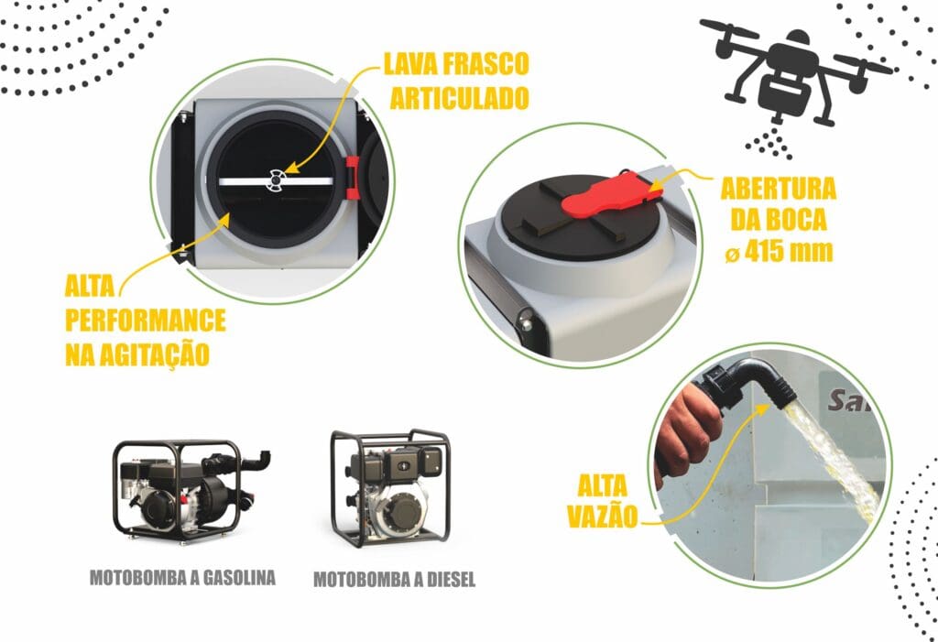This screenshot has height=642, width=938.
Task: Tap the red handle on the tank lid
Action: click(x=610, y=194)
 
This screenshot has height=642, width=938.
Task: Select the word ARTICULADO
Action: click(x=460, y=98)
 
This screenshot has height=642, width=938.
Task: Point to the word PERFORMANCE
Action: click(x=146, y=321)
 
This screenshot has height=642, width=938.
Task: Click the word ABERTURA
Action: click(x=779, y=189)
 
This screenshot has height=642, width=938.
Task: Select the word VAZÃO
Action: click(x=603, y=517)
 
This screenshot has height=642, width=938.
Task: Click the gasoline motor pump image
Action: click(x=191, y=489)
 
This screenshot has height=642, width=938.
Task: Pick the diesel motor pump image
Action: click(x=391, y=486)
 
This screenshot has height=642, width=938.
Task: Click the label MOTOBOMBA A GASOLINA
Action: click(x=182, y=577)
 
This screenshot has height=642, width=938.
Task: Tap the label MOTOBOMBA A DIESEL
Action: click(x=394, y=579)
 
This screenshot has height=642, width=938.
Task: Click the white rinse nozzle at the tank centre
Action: click(x=275, y=180)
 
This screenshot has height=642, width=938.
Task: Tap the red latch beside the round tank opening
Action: click(x=353, y=177)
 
